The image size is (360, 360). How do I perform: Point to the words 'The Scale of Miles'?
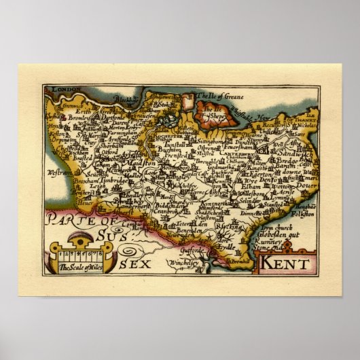point(77,266)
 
